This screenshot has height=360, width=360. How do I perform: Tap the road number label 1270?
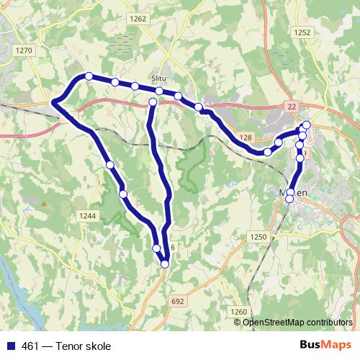point(24,50)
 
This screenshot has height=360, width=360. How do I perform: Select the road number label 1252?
point(302,32)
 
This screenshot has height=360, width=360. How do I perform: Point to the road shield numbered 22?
point(292,107)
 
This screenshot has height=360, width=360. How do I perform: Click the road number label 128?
point(246,137)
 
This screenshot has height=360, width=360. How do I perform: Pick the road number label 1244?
point(87,215)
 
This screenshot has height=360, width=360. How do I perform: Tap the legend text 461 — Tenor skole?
point(66,346)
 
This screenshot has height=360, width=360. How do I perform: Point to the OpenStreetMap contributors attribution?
point(297,322)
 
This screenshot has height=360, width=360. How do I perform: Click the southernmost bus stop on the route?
point(165,264)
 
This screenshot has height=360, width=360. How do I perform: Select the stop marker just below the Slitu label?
point(159,91)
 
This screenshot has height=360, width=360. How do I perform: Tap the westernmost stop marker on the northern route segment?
point(89,76)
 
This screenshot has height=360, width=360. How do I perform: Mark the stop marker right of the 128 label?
point(268,152)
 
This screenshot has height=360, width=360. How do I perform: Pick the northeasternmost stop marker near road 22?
point(306,125)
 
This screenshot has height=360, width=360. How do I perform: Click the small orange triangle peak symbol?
point(43,204)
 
